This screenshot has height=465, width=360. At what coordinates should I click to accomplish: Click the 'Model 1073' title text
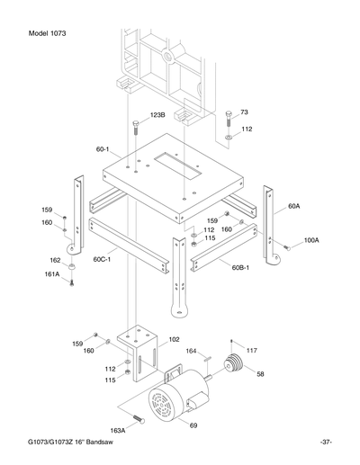tap(40, 33)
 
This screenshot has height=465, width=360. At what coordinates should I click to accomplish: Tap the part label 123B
tap(157, 116)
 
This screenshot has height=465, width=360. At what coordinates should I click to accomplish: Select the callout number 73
tap(243, 111)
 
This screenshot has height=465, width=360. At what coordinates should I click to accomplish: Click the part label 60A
tap(293, 206)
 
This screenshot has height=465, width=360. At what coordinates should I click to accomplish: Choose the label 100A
tap(310, 240)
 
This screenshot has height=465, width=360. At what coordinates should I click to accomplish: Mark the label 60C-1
tap(101, 259)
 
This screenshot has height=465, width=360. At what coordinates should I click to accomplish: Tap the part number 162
tap(55, 260)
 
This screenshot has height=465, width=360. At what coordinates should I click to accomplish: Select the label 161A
tap(52, 273)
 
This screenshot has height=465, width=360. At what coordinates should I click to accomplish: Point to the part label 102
tap(175, 340)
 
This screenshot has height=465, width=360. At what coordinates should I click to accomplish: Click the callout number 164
tap(191, 351)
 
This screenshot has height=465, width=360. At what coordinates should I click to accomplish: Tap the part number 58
tap(261, 373)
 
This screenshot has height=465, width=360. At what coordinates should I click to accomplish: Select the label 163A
tap(118, 431)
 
